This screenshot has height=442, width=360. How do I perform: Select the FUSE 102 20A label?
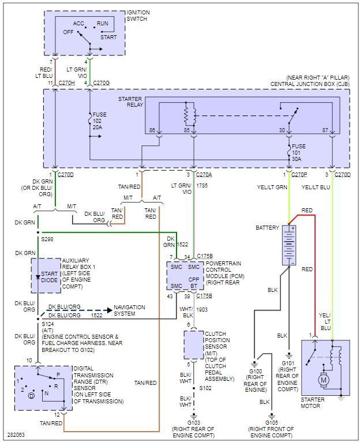coord(99,122)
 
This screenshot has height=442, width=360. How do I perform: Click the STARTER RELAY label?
coord(130,102)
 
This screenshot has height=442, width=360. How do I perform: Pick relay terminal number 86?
coord(153,130)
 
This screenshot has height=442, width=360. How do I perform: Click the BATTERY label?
coord(268,228)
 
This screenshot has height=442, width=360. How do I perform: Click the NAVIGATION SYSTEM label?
coord(129,310)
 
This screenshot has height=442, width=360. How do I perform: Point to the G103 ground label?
coord(193,422)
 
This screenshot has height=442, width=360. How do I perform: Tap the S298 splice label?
coord(47,239)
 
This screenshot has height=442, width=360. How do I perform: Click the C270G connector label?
coord(101,83)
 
